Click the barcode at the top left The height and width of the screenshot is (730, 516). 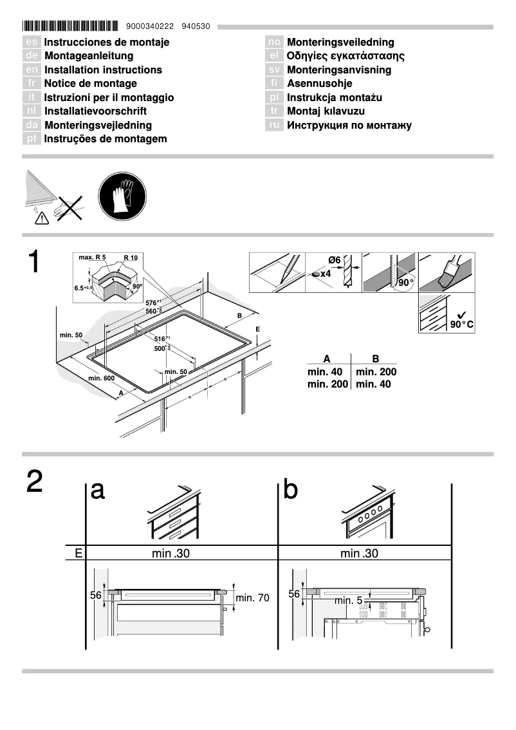point(70,26)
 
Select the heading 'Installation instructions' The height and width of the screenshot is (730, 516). point(103,70)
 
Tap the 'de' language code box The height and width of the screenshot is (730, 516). point(32,56)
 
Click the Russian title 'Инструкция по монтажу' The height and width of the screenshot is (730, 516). point(349,125)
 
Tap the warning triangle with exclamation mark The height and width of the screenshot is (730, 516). point(41,218)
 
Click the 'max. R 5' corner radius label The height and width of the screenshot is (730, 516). point(92,257)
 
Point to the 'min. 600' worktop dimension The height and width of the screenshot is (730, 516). point(100,377)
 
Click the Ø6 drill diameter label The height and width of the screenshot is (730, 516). point(334,259)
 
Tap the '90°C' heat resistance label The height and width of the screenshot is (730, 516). point(461,324)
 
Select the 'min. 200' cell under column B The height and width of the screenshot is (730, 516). point(376,372)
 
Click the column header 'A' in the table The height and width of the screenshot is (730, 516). point(327,359)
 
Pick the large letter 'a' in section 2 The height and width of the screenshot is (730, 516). point(98,491)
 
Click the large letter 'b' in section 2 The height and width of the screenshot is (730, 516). point(291,491)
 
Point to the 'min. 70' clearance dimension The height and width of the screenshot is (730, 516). point(252,598)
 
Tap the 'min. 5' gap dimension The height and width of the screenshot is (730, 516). point(349,601)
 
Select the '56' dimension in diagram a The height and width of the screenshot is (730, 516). point(96,595)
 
